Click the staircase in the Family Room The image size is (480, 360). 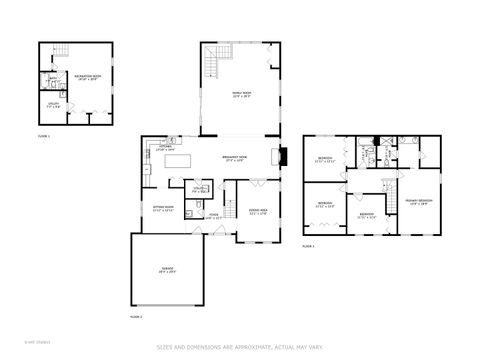[213, 68]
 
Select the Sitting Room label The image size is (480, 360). [163, 210]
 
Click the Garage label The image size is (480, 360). [167, 270]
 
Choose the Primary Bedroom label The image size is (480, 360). [419, 202]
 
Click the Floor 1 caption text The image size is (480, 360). [44, 134]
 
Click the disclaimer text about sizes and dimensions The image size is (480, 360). [240, 347]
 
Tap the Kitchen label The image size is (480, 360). [165, 148]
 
